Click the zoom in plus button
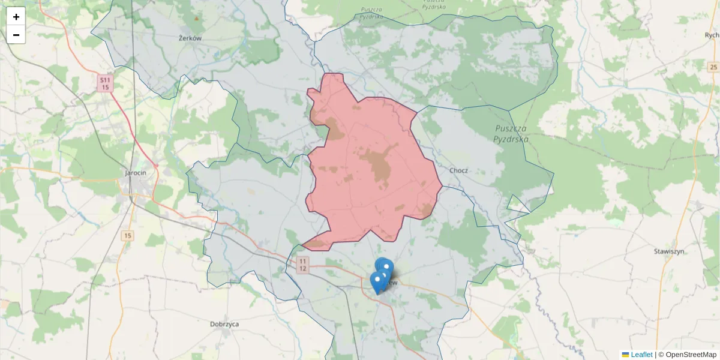(x=16, y=17)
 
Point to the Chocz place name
(x=458, y=170)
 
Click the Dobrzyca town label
(x=224, y=324)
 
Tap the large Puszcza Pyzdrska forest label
(x=511, y=134)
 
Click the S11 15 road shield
(x=105, y=83)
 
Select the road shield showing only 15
(x=127, y=236)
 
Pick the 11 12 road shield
(x=303, y=265)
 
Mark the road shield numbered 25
(x=712, y=66)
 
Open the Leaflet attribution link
(x=641, y=355)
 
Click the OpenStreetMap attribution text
(x=691, y=355)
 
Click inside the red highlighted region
(x=372, y=174)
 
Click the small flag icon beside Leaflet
(x=625, y=355)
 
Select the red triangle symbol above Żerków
(x=196, y=18)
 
